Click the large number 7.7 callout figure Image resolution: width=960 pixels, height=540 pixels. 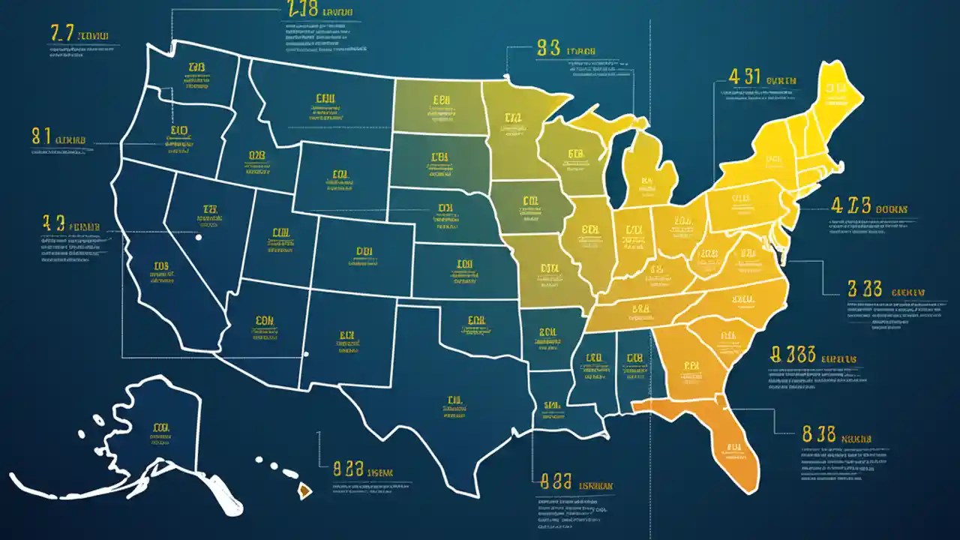[61, 33]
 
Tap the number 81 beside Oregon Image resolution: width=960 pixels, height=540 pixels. [41, 136]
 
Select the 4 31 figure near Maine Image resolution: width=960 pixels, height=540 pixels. [745, 76]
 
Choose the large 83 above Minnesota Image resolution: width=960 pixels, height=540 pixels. [549, 49]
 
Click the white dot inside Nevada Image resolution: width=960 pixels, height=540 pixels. [199, 238]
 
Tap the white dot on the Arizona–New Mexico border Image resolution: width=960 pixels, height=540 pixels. [305, 355]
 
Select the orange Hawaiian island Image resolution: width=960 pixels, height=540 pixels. [304, 491]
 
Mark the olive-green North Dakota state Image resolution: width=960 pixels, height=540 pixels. [439, 105]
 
